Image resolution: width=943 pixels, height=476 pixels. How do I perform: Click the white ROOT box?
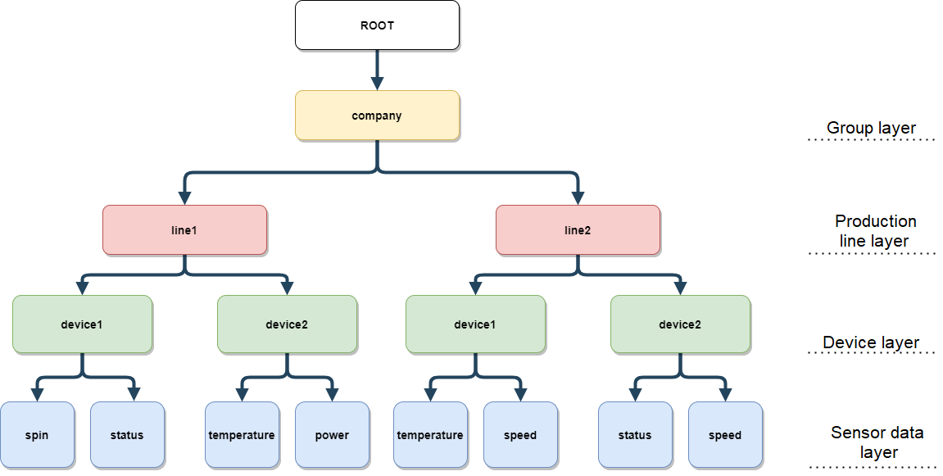point(377,25)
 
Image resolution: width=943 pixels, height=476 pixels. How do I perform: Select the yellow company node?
point(377,116)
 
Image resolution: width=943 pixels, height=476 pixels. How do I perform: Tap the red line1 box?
point(184,230)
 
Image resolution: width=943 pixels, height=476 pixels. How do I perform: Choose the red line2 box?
point(578,230)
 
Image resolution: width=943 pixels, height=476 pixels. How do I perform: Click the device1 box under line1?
point(83,324)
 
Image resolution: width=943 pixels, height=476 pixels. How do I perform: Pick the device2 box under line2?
point(680,324)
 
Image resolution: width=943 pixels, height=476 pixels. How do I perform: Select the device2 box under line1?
point(287,324)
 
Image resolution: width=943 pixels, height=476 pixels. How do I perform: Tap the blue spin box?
point(38,435)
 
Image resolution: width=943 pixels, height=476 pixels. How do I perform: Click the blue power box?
point(332,435)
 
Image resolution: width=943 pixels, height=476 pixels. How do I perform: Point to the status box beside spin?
point(128,435)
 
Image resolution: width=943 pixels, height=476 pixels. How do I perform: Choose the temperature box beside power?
point(242,435)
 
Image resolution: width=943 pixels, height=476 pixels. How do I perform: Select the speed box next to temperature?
point(521,435)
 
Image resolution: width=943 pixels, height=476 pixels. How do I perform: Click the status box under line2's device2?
point(635,435)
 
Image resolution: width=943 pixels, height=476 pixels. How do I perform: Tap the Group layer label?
point(871,128)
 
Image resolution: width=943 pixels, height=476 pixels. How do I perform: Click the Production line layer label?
point(875,230)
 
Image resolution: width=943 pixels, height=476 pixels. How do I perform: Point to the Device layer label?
point(871,342)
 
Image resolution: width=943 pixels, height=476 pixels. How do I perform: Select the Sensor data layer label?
point(877,442)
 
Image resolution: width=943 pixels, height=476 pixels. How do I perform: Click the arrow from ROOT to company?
point(377,70)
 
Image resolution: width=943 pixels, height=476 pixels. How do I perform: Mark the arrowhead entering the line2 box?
point(578,198)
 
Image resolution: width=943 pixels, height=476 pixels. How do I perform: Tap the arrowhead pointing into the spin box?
point(38,395)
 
